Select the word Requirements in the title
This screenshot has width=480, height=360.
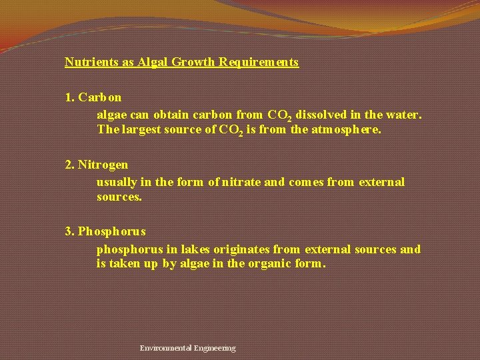click(257, 62)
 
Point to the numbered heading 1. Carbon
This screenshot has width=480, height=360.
click(93, 97)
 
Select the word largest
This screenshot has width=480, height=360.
click(140, 129)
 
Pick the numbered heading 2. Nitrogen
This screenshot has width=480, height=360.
click(97, 164)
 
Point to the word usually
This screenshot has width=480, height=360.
click(117, 181)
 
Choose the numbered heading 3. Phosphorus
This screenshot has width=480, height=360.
click(105, 231)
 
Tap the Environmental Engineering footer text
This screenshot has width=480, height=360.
click(187, 348)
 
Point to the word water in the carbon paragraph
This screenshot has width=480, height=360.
click(403, 115)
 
